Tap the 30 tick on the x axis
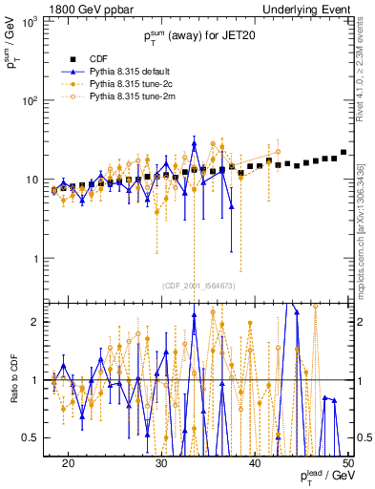162,462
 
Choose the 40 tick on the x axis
255,462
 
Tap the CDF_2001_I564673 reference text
198,286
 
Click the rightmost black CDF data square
344,152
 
